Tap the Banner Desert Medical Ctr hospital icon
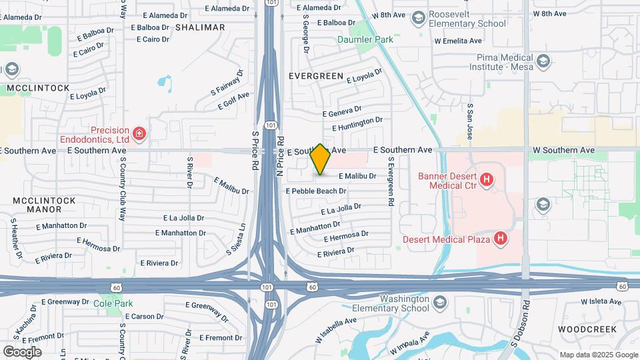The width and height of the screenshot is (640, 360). [487, 179]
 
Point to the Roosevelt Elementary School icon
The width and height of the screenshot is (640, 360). [419, 17]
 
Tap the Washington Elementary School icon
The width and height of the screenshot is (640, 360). [439, 303]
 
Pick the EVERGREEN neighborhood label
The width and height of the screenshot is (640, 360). [316, 76]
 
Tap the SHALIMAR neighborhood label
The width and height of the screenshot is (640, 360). [200, 27]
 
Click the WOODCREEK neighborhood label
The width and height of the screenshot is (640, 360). [590, 329]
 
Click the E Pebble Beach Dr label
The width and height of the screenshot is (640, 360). [316, 191]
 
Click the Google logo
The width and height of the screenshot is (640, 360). [22, 351]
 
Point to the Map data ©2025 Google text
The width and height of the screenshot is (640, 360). [598, 355]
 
